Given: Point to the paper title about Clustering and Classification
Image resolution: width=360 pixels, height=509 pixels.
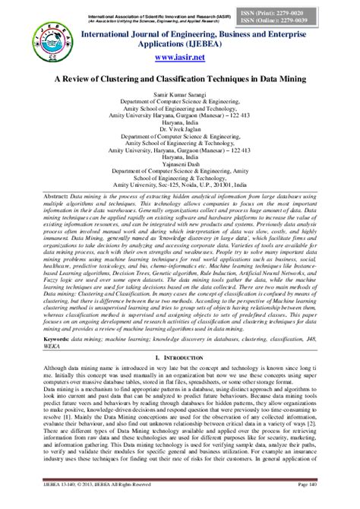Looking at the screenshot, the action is click(x=179, y=77).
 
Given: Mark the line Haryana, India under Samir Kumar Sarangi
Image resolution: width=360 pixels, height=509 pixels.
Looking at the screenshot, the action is click(x=179, y=121).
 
